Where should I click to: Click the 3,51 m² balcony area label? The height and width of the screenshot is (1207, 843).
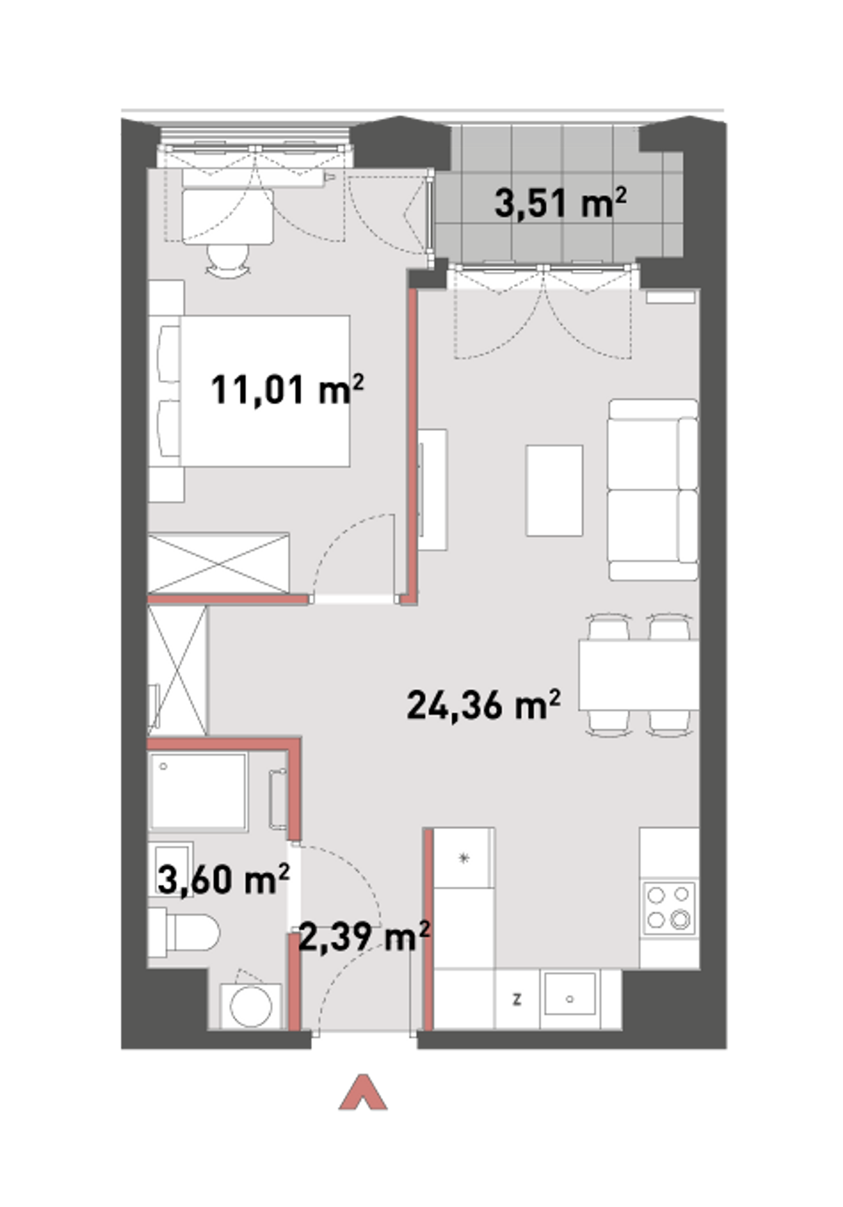click(561, 204)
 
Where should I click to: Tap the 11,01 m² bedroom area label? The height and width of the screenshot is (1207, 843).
click(287, 389)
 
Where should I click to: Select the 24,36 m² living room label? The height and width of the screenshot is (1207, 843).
click(483, 705)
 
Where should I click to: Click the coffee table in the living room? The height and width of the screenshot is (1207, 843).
click(554, 490)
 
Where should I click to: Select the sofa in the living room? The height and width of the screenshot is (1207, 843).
click(653, 490)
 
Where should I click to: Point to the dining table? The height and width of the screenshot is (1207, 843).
click(639, 674)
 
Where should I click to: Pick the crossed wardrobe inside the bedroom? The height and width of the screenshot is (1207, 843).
click(219, 564)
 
